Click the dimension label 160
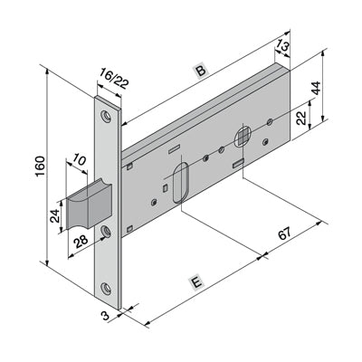(x=40, y=167)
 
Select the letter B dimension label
(x=200, y=71)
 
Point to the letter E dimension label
(x=196, y=283)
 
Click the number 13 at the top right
(x=282, y=47)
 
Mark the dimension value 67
(x=285, y=233)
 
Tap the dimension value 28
(x=81, y=242)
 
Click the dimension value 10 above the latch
(x=79, y=161)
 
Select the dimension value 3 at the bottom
(x=105, y=316)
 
